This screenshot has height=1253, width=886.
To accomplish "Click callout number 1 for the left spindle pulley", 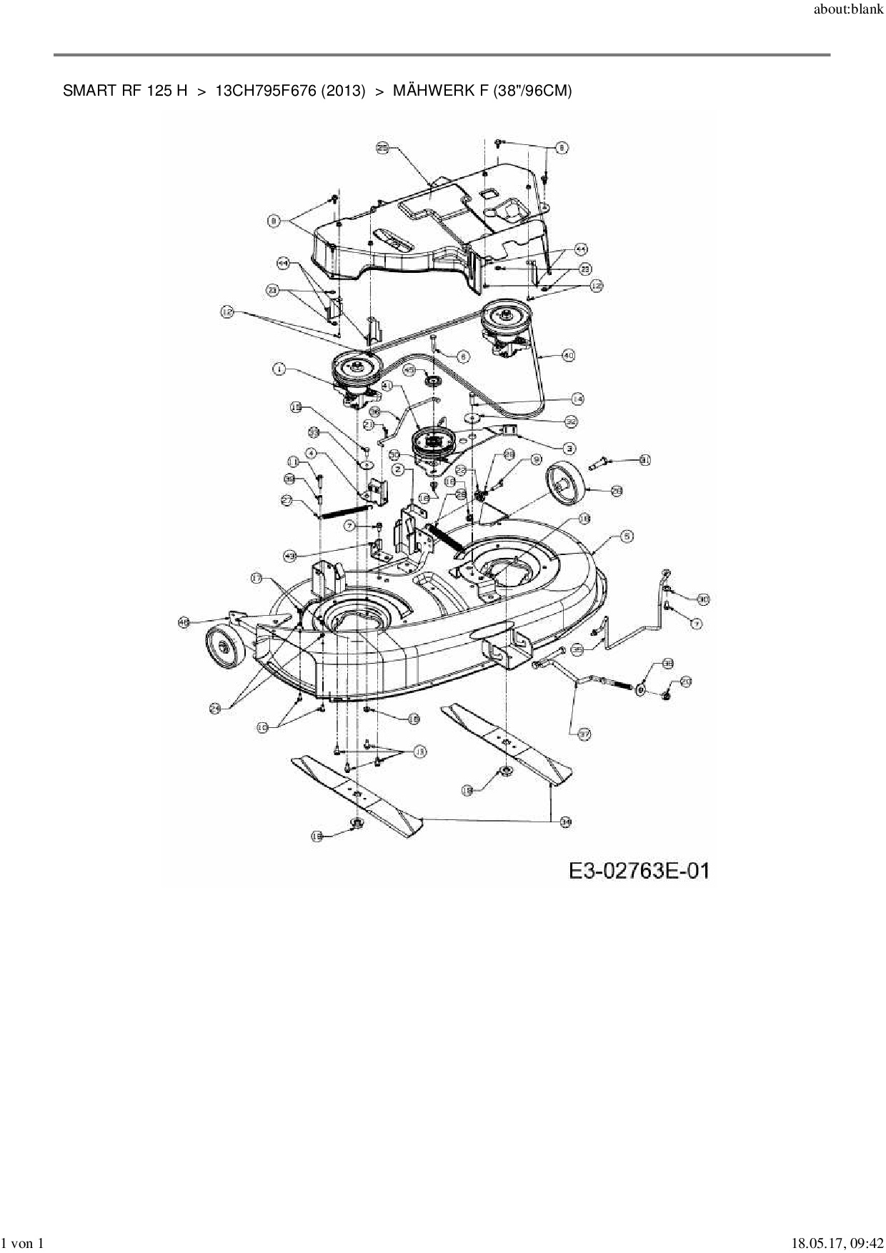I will pyautogui.click(x=279, y=369).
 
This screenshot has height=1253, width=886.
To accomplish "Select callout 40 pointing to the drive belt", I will pyautogui.click(x=568, y=355).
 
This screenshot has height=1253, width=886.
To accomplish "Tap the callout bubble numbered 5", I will pyautogui.click(x=626, y=536).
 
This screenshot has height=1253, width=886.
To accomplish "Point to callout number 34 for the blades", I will pyautogui.click(x=565, y=822).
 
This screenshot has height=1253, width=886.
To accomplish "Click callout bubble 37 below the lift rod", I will pyautogui.click(x=584, y=734).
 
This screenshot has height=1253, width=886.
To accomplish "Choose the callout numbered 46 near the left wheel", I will pyautogui.click(x=184, y=623).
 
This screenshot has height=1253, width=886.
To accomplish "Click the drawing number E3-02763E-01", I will pyautogui.click(x=639, y=871).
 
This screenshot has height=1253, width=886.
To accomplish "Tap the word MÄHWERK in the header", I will pyautogui.click(x=427, y=91).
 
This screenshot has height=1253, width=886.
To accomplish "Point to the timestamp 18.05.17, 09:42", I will pyautogui.click(x=837, y=1244).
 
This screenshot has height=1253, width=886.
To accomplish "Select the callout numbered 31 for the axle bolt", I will pyautogui.click(x=644, y=460).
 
